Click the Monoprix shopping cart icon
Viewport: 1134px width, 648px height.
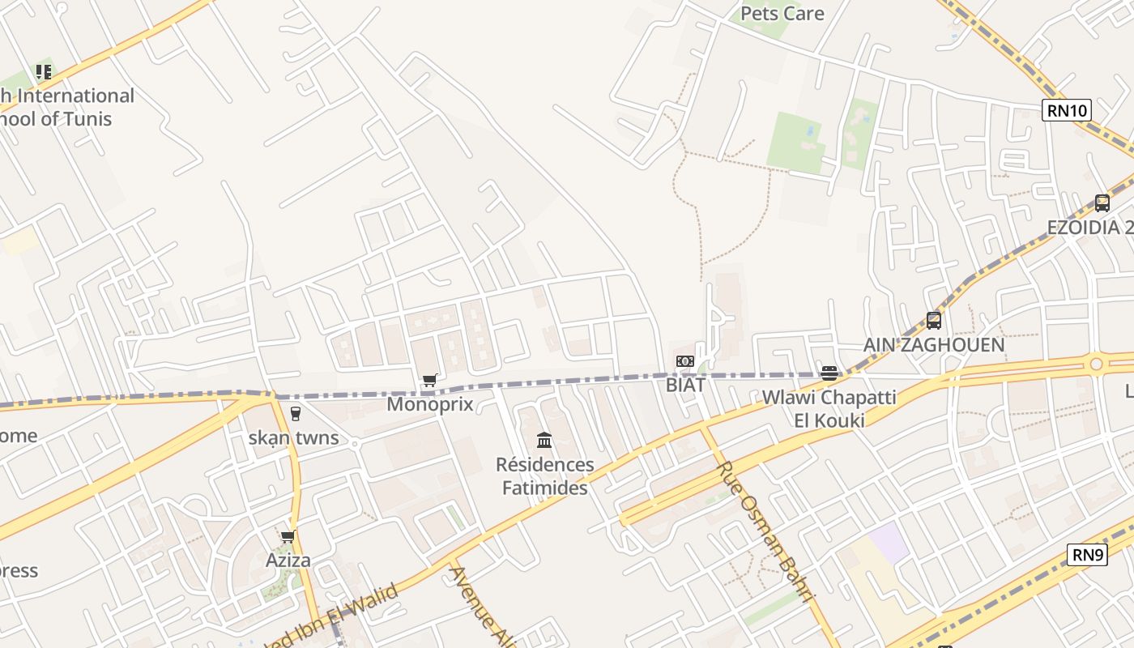(x=430, y=380)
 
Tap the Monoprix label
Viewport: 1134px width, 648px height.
(x=429, y=403)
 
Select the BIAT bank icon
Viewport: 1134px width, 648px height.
(x=685, y=361)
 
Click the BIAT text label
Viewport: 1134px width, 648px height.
(x=685, y=385)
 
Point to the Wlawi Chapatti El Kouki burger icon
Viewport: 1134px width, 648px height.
(x=829, y=373)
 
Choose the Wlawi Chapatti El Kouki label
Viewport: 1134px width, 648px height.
(x=829, y=408)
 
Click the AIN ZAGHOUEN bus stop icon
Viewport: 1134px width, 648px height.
(x=934, y=321)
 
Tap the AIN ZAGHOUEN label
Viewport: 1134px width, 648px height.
(x=934, y=344)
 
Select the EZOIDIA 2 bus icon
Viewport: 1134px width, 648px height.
(x=1102, y=203)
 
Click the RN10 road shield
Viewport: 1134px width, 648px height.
(x=1067, y=110)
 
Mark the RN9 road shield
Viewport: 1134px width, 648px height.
(x=1087, y=555)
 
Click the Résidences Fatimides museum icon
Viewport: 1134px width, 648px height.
(x=544, y=441)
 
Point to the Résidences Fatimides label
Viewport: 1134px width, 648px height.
(x=544, y=476)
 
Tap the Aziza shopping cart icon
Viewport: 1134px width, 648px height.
(x=288, y=537)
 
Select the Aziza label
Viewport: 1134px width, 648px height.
(x=288, y=561)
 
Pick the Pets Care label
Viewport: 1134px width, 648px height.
(x=782, y=14)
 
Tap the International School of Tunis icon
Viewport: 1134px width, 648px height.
(x=44, y=72)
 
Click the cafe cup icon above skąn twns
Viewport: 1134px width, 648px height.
(x=295, y=414)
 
